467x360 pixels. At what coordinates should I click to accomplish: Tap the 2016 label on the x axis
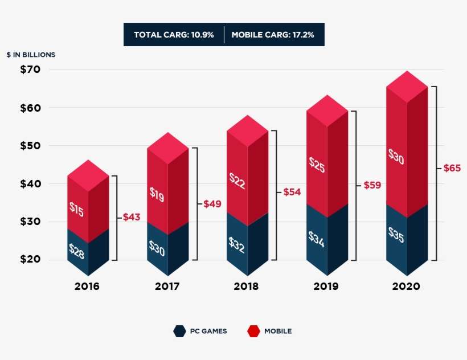(87, 287)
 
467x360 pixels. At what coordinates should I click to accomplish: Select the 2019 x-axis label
(326, 287)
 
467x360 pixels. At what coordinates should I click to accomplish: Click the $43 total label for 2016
(132, 217)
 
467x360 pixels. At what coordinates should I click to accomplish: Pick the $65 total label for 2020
(453, 168)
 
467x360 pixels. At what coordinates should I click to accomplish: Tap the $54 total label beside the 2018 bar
(292, 193)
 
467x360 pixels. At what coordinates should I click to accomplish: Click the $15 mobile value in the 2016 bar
(76, 209)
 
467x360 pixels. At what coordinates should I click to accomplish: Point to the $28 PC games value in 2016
(76, 251)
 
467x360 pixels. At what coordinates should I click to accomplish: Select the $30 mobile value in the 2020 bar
(396, 157)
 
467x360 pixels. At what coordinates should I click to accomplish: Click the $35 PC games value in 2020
(396, 235)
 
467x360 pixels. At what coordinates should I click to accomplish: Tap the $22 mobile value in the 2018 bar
(236, 180)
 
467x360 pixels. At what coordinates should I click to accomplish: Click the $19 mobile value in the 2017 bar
(157, 194)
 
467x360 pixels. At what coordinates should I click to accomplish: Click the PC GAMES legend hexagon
(179, 331)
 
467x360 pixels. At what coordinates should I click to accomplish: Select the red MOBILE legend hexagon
(253, 331)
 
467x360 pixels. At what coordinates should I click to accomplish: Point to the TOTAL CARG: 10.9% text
(174, 35)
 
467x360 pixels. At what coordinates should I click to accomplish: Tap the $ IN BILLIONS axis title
(31, 55)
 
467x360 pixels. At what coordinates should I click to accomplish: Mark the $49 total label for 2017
(212, 204)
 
